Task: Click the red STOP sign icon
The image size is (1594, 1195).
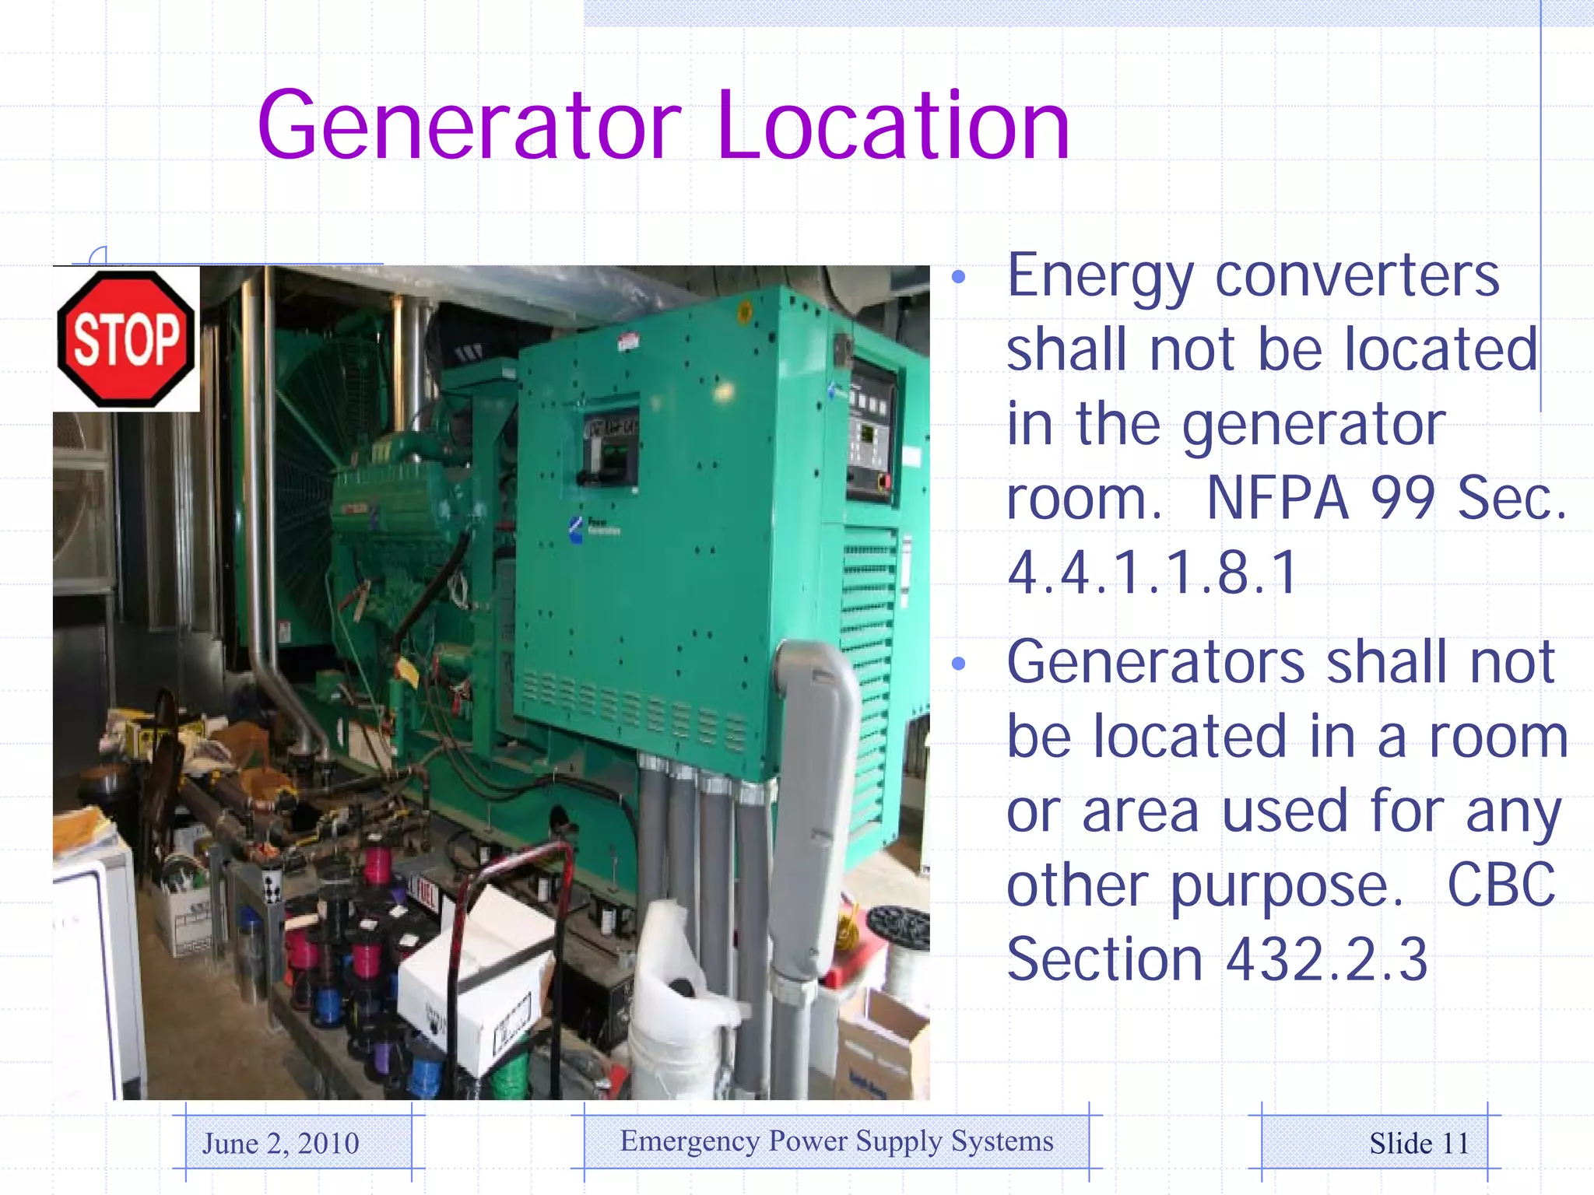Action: coord(125,338)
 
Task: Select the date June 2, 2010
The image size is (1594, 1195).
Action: coord(280,1143)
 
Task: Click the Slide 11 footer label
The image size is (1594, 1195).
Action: coord(1419,1143)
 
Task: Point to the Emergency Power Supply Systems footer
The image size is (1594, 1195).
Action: coord(837,1141)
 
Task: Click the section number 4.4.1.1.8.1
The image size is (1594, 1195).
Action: coord(1152,573)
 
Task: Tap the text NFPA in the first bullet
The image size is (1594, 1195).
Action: coord(1276,498)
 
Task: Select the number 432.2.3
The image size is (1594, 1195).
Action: coord(1326,958)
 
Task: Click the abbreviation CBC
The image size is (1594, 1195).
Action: coord(1501,885)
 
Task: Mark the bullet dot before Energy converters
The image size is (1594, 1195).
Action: coord(958,276)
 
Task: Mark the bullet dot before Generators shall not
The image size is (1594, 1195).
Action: coord(958,663)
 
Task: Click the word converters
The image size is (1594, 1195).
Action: coord(1357,275)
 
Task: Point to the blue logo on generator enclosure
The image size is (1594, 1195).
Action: coord(576,529)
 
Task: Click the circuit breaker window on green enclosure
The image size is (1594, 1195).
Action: coord(611,450)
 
